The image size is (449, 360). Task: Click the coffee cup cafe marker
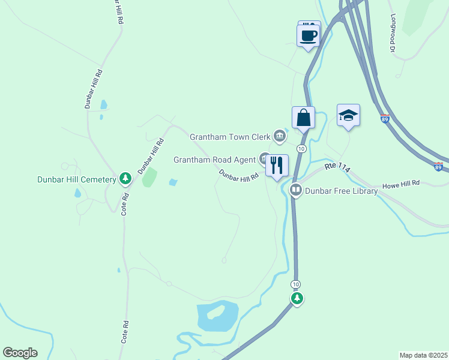click(309, 35)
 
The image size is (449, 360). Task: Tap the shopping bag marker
click(303, 116)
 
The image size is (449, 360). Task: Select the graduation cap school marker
click(348, 115)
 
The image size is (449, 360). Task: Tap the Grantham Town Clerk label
click(231, 137)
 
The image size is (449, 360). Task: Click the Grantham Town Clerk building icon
click(279, 137)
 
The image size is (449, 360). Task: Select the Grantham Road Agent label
click(215, 160)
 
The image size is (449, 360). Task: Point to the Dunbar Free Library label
click(341, 191)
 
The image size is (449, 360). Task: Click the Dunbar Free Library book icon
click(295, 191)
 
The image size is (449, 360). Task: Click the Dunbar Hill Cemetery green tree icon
click(125, 178)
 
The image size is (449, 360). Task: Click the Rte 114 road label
click(337, 168)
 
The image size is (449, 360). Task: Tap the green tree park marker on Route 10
click(296, 298)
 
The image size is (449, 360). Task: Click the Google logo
click(20, 353)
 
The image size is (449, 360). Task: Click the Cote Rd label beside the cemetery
click(125, 203)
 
